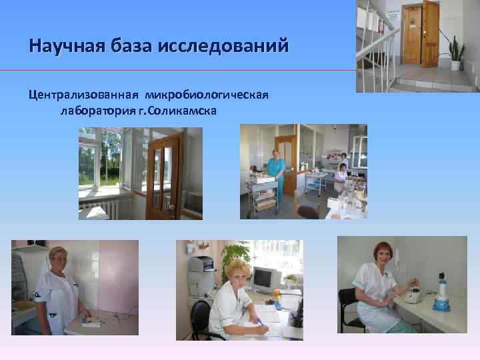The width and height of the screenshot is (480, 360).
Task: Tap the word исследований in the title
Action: [223, 46]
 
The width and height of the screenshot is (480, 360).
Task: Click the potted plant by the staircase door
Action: [457, 53]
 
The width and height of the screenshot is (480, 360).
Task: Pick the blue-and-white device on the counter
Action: [441, 293]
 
